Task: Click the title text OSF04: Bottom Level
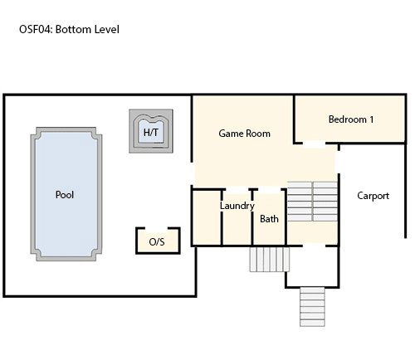[x=69, y=29]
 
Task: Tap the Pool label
[x=65, y=195]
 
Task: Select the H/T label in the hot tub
[x=151, y=133]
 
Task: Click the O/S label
[x=157, y=242]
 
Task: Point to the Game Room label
[x=244, y=134]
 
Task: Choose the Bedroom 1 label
[x=351, y=119]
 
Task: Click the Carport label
[x=373, y=196]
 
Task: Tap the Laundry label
[x=237, y=206]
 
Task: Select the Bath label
[x=269, y=219]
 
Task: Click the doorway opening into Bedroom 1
[x=314, y=144]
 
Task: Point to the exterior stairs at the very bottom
[x=312, y=307]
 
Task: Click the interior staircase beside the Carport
[x=312, y=202]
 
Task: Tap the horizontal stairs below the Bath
[x=270, y=260]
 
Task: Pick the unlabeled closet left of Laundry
[x=207, y=217]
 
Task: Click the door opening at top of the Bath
[x=270, y=190]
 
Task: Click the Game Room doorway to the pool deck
[x=192, y=173]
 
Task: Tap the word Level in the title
[x=107, y=29]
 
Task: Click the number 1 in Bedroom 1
[x=371, y=119]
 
